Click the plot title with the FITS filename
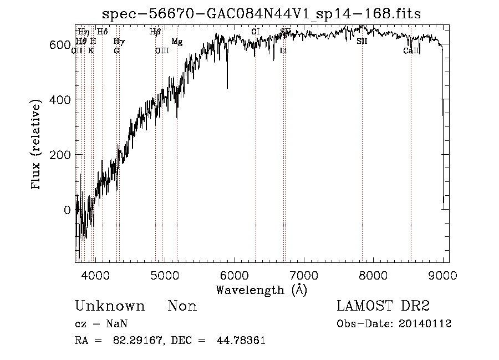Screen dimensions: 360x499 click(x=266, y=13)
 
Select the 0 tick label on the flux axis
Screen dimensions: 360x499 click(x=67, y=210)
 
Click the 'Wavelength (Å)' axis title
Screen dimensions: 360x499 click(x=261, y=290)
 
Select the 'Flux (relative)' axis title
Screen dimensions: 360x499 click(x=37, y=145)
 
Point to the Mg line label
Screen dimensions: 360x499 click(x=176, y=42)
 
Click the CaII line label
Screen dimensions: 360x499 click(x=411, y=50)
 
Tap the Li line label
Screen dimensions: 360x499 click(x=283, y=50)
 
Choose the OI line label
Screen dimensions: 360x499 click(x=255, y=32)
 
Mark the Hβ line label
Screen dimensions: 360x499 click(x=155, y=32)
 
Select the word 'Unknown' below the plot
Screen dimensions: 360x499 click(x=110, y=306)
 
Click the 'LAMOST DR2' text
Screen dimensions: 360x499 click(x=383, y=306)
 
